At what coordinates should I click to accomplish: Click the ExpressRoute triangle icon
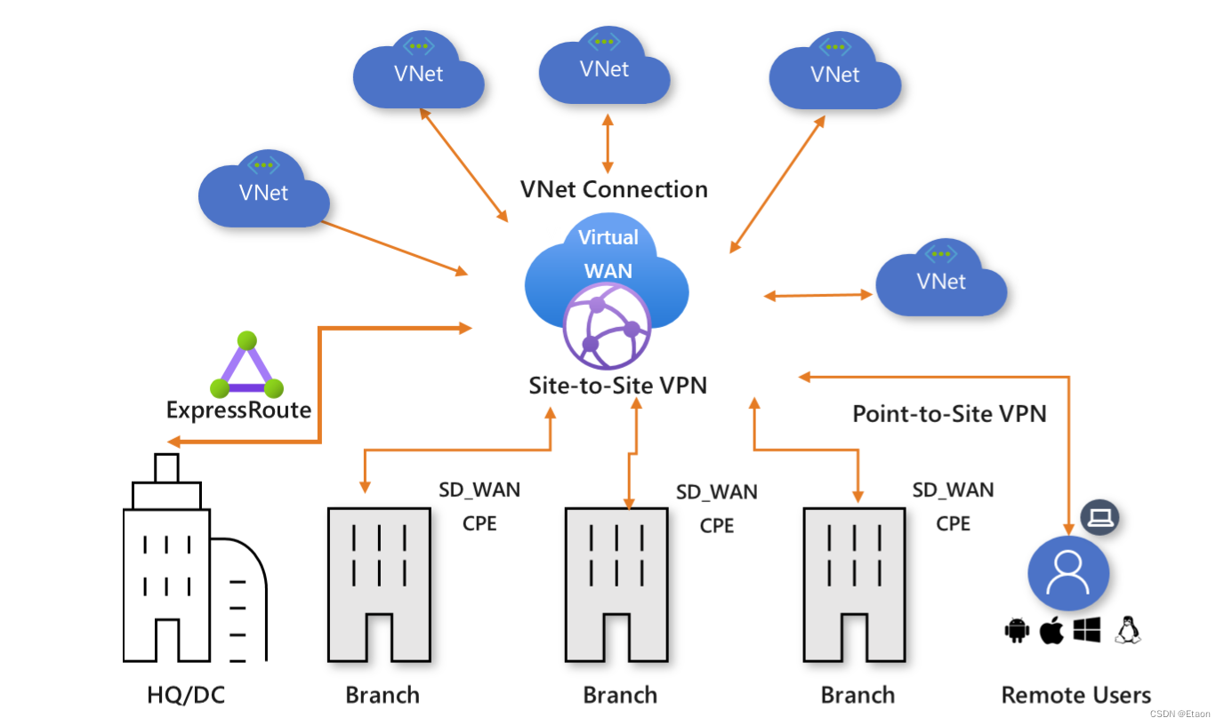(247, 364)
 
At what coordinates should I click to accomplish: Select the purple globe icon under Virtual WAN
(607, 326)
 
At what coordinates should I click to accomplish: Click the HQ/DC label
(186, 695)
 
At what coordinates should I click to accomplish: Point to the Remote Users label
(1076, 695)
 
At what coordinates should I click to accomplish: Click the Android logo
(1017, 631)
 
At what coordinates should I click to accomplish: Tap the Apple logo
(1051, 630)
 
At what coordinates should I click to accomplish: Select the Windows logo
(1087, 631)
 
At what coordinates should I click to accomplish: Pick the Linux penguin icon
(1128, 631)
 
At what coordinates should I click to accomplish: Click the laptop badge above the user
(1100, 517)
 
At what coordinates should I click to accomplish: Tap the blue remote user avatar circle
(1068, 573)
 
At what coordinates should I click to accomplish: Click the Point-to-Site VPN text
(950, 414)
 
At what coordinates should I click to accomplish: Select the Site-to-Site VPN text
(618, 386)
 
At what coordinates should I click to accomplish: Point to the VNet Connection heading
(614, 189)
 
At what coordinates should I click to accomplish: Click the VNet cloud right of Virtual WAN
(941, 277)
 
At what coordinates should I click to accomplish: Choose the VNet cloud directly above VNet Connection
(604, 65)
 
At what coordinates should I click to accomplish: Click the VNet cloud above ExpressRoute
(264, 188)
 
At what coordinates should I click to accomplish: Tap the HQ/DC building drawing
(195, 558)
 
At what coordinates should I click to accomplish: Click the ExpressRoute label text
(238, 410)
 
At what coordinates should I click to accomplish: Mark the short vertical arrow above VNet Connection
(608, 143)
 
